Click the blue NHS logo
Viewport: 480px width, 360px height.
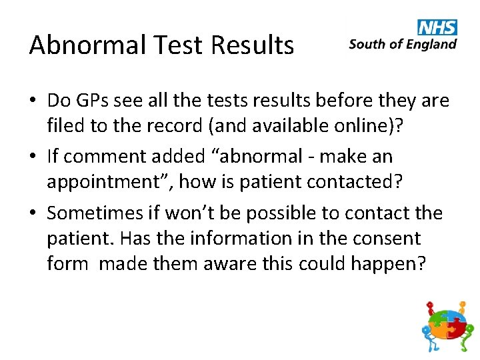point(437,27)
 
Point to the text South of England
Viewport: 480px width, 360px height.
point(403,45)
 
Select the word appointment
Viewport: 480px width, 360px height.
point(107,182)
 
